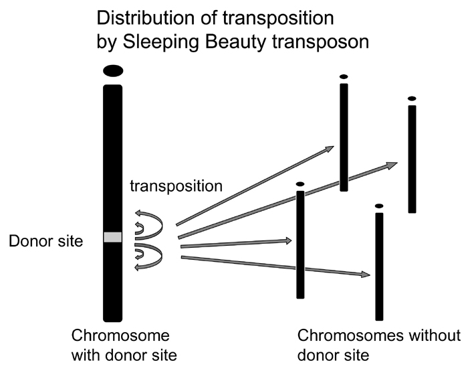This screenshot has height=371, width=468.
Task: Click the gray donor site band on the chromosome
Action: tap(113, 237)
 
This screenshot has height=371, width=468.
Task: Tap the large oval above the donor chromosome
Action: tap(113, 70)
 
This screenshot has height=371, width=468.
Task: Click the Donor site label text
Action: tap(45, 239)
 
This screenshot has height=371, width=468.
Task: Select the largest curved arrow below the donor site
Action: tap(148, 258)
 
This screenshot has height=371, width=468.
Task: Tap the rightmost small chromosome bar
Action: tap(413, 159)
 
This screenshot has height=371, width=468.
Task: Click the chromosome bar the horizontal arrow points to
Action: tap(300, 244)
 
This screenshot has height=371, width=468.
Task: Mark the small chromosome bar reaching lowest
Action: tap(379, 267)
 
